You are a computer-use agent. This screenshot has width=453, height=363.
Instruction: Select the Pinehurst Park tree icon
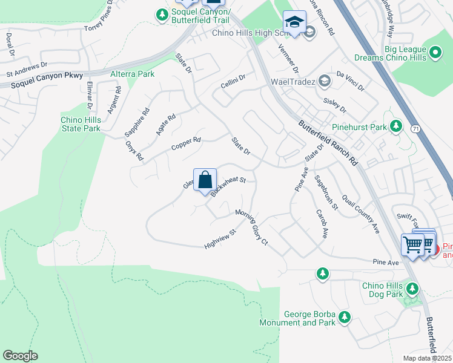[x=396, y=126]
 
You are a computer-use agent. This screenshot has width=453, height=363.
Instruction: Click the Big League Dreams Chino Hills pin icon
[x=435, y=53]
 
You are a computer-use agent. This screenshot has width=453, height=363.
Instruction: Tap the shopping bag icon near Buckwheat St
[x=205, y=180]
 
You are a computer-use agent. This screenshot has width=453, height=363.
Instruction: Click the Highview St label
[x=220, y=238]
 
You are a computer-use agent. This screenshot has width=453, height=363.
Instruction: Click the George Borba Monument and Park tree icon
[x=345, y=316]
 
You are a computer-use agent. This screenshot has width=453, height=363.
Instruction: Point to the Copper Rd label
[x=185, y=143]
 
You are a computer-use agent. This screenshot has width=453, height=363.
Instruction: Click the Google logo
[x=20, y=356]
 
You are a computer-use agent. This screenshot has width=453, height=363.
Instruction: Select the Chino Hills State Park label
[x=80, y=124]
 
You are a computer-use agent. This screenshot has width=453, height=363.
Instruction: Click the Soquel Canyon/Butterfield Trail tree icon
[x=161, y=14]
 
